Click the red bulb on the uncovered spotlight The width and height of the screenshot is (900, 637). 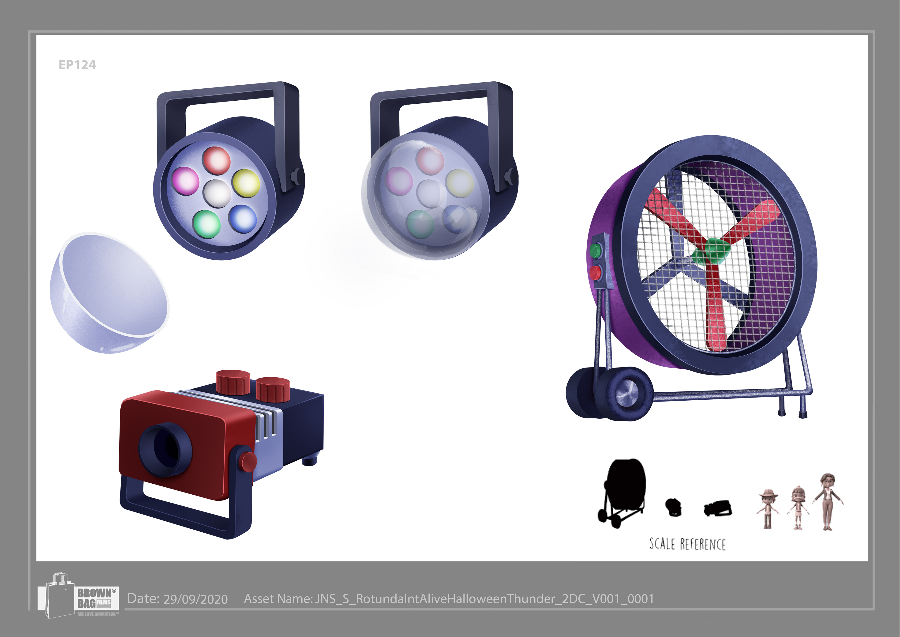(216, 160)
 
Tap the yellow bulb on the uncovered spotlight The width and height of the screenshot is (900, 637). (246, 183)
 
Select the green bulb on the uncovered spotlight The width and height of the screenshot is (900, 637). (206, 224)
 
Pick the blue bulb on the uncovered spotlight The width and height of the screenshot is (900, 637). (242, 219)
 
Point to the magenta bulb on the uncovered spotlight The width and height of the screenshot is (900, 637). (185, 180)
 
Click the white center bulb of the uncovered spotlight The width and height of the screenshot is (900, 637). (217, 193)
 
